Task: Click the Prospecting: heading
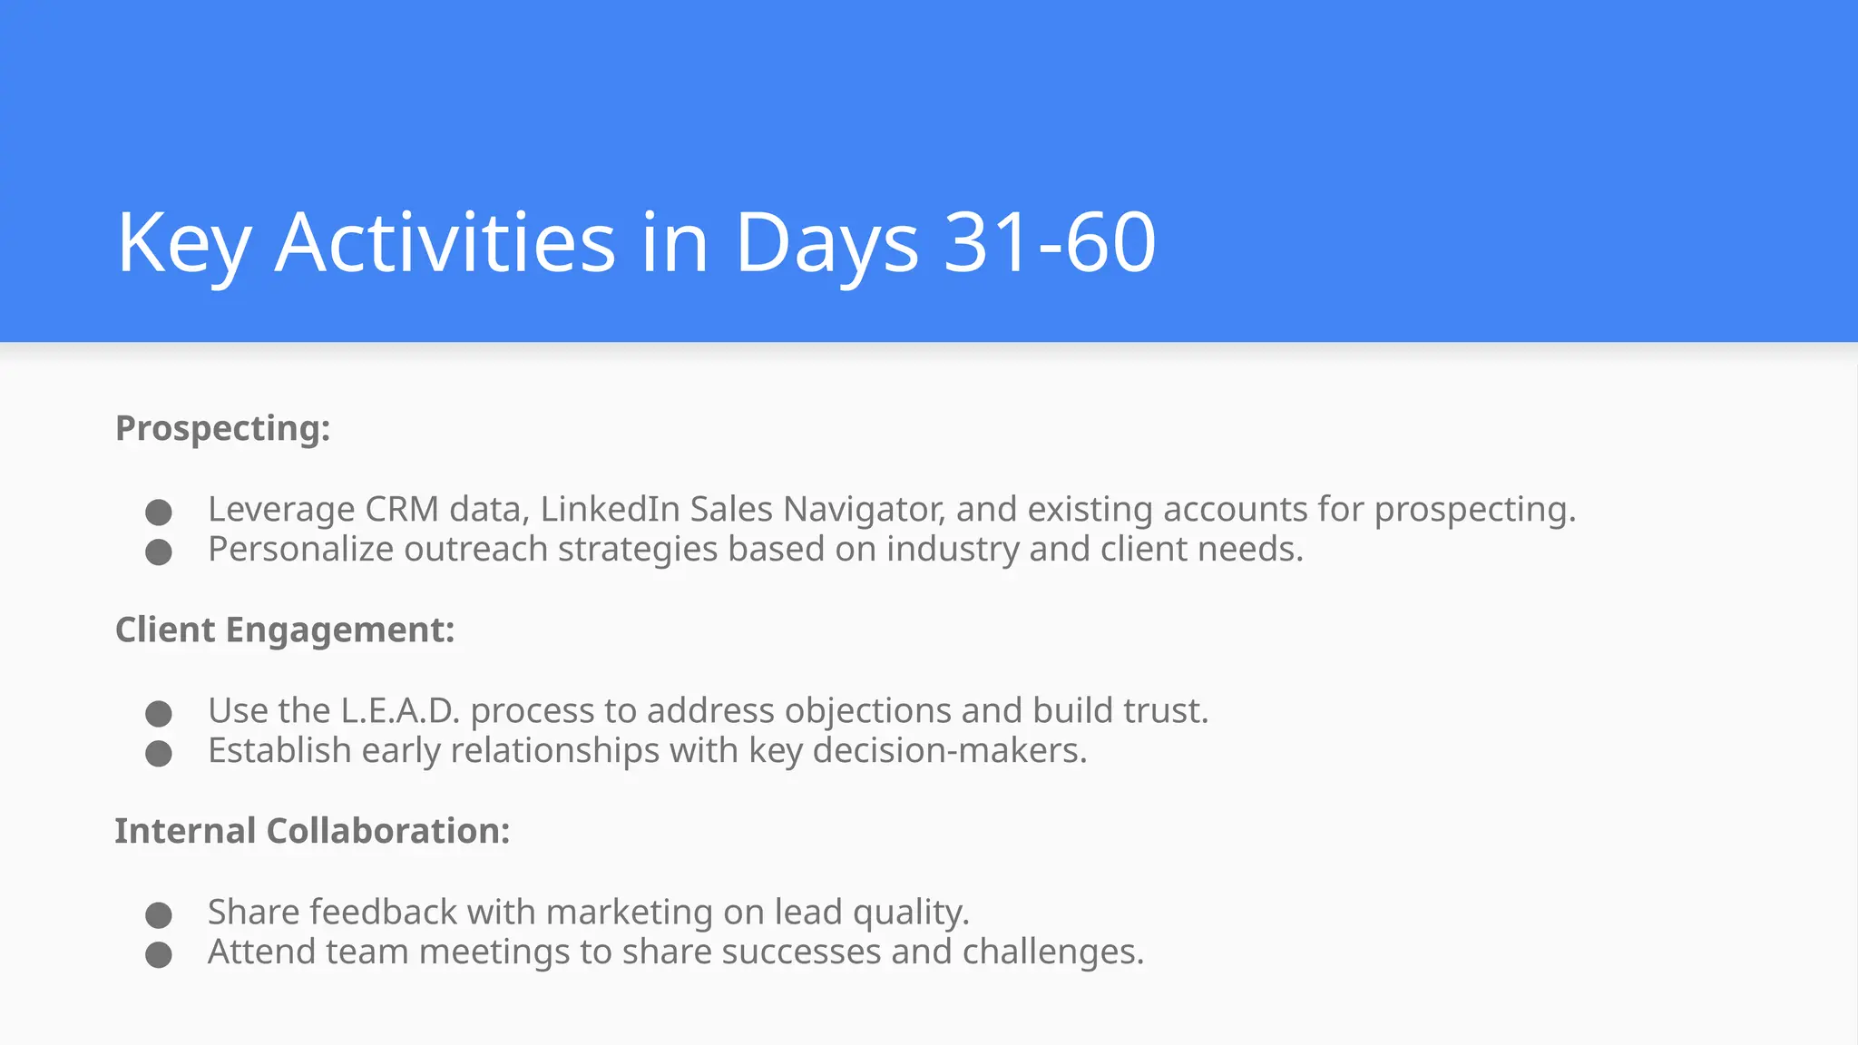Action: tap(223, 428)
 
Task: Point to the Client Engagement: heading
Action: tap(285, 630)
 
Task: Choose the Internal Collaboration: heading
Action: tap(312, 831)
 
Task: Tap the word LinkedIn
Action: tap(610, 509)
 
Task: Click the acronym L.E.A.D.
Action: tap(400, 710)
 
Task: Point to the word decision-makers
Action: tap(949, 750)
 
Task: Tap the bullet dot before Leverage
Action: tap(159, 512)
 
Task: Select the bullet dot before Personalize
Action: tap(159, 552)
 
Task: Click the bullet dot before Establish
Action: tap(159, 753)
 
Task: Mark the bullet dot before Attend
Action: tap(159, 954)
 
